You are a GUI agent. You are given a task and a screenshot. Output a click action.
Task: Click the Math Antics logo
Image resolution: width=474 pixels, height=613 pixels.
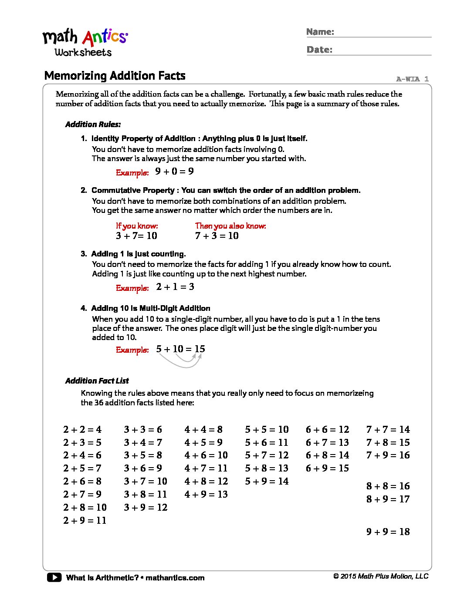pos(85,43)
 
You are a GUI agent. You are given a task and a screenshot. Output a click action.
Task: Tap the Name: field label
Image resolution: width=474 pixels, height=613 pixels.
pos(320,32)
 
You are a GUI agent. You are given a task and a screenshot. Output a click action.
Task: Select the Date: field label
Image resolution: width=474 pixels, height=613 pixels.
pos(319,50)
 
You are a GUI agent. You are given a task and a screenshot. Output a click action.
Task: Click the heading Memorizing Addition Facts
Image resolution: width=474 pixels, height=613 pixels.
pos(115,76)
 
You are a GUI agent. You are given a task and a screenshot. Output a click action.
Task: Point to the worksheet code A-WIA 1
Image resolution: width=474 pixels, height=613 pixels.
pos(412,79)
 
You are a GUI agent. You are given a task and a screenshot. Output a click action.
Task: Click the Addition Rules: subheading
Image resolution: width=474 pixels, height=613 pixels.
pos(93,125)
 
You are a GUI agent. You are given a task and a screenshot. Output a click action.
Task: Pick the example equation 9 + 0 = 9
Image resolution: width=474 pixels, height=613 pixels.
pos(174,172)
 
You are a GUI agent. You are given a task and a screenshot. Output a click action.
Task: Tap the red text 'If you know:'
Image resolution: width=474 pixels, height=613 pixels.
pos(137,226)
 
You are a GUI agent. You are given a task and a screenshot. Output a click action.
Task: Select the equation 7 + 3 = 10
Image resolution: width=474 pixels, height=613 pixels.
pos(217,236)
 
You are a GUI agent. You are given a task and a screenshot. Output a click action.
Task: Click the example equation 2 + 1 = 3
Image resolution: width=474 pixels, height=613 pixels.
pos(175,287)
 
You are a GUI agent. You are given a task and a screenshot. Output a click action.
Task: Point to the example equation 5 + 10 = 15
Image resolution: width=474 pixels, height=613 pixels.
pos(180,349)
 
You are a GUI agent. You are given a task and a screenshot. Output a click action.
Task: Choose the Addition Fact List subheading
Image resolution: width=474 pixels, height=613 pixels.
pos(97,381)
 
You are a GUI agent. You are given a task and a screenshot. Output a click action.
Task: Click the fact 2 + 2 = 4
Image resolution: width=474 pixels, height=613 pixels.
pos(82,430)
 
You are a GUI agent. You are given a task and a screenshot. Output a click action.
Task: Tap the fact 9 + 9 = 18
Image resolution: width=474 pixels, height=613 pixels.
pos(388,532)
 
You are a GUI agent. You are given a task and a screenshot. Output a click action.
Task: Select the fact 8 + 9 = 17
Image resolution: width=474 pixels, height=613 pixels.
pos(388,499)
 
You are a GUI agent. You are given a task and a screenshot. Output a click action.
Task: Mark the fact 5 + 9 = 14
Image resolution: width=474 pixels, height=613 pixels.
pos(267,482)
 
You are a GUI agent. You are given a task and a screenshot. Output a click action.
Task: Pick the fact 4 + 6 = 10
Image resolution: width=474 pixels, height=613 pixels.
pos(206,455)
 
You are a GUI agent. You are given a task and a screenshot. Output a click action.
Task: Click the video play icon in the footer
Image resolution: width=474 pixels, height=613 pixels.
pos(54,578)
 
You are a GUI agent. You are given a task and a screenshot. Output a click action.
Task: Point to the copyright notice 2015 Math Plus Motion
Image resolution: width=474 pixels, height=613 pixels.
pos(381,576)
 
